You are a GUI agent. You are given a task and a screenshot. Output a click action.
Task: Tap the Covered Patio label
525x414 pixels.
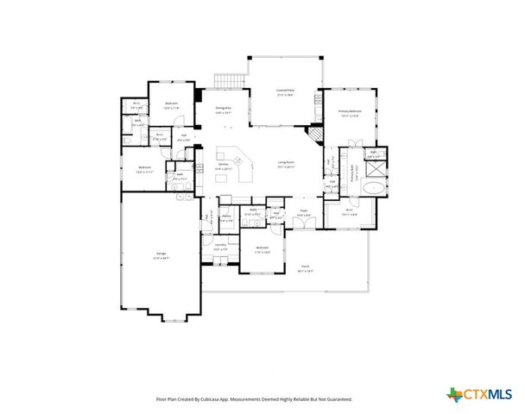285,91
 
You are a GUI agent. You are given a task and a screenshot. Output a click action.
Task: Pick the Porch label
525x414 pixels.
306,267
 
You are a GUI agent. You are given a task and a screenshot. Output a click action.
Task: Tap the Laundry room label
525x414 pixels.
220,246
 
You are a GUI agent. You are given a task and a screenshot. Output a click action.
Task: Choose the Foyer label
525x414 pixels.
304,210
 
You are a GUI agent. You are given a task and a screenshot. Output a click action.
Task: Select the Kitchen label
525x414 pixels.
223,166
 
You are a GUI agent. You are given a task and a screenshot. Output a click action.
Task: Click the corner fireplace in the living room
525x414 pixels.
315,135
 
